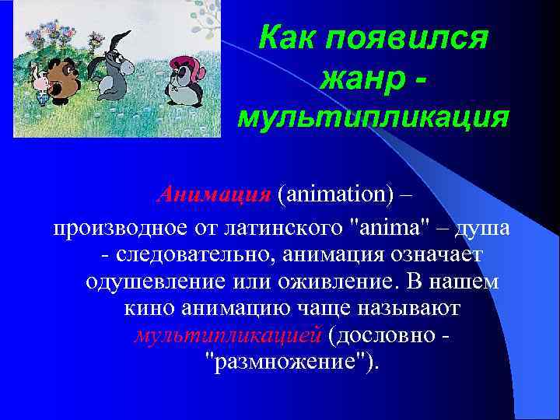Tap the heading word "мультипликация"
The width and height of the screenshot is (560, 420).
tap(373, 117)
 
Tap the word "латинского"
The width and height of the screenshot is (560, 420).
tap(285, 229)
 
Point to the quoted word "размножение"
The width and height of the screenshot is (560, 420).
tap(288, 362)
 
